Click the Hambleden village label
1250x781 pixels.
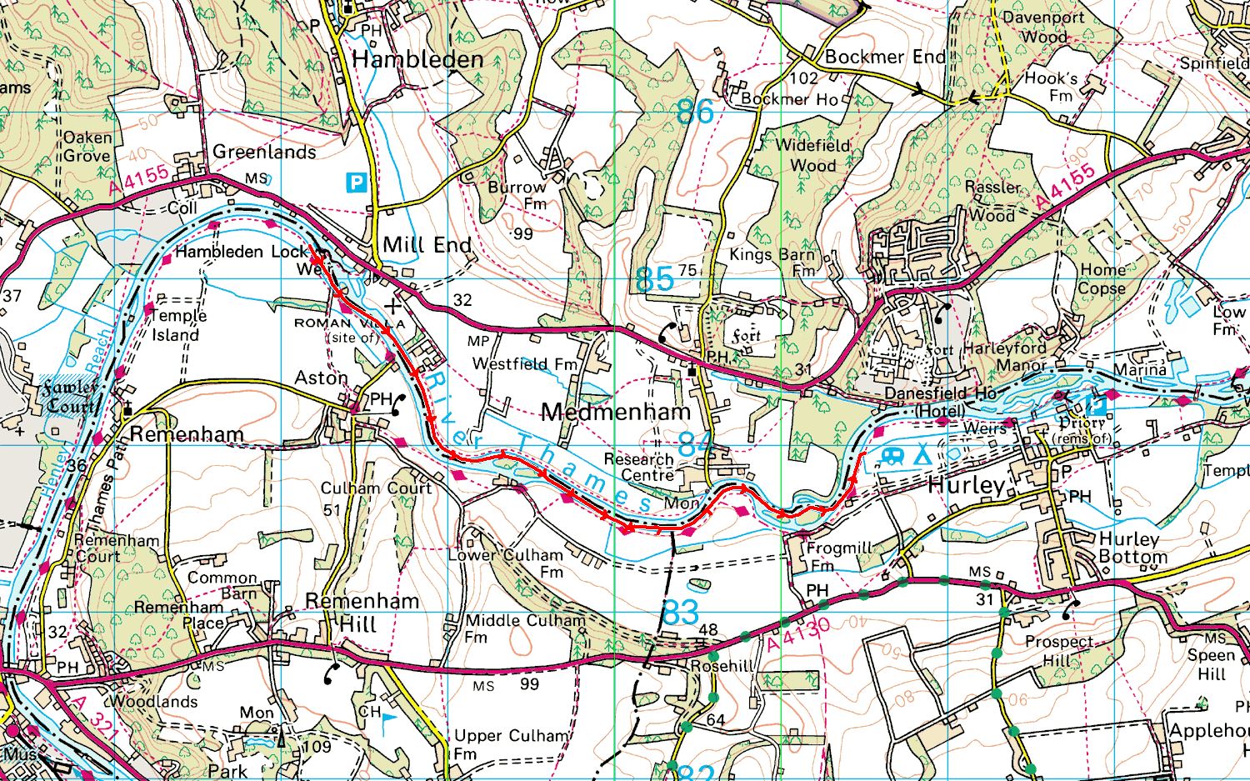coord(417,59)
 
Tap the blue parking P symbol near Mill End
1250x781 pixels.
coord(357,182)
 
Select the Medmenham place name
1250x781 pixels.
coord(616,412)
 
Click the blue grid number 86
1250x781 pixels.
coord(695,112)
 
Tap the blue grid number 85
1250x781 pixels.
coord(654,280)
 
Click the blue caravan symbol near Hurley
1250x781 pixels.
coord(892,456)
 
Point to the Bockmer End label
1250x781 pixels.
coord(885,58)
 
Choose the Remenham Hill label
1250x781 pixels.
coord(362,613)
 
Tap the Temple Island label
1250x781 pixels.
coord(176,325)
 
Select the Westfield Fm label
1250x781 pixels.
coord(524,364)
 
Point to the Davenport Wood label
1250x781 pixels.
coord(1043,27)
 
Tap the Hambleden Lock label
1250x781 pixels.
coord(241,251)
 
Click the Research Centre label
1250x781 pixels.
coord(638,467)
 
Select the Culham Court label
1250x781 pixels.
coord(376,488)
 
